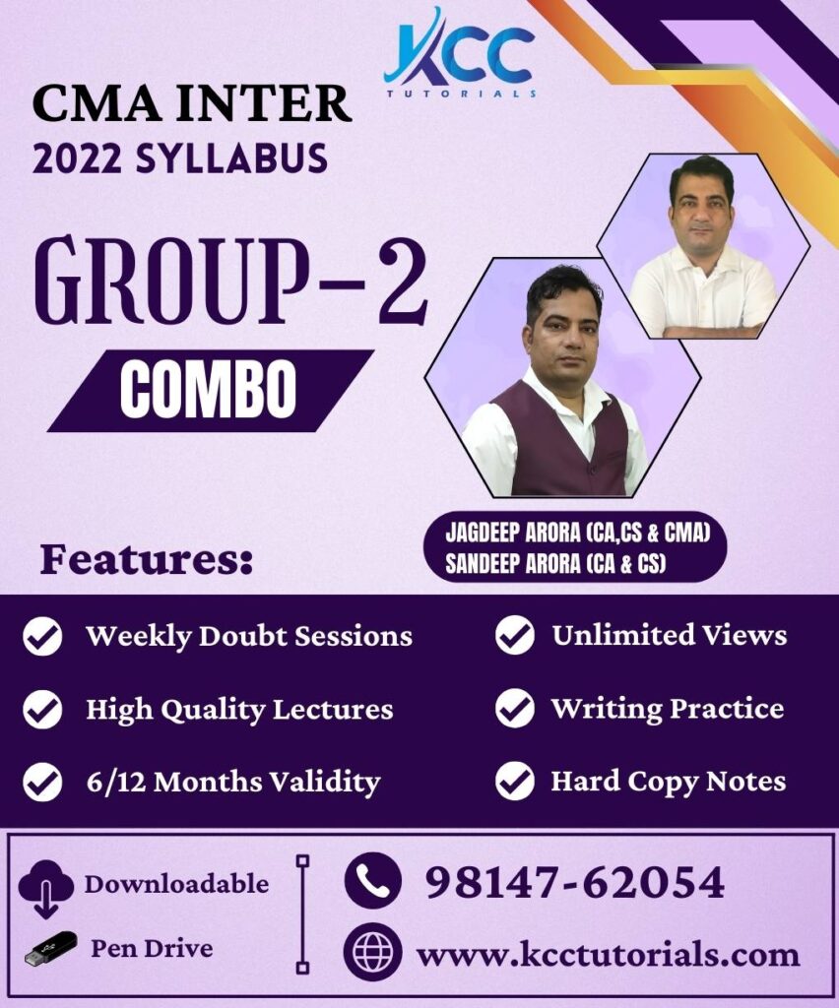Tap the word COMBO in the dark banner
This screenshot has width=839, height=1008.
(x=208, y=391)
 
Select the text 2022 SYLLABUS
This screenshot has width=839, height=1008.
(x=180, y=157)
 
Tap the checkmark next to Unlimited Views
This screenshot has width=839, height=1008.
(x=514, y=636)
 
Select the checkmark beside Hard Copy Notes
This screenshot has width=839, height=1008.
(x=514, y=782)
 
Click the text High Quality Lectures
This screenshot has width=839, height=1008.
(x=239, y=709)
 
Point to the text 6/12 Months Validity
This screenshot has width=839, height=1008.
(x=232, y=783)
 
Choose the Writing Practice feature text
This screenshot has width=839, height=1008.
(x=667, y=709)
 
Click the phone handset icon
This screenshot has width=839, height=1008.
(x=372, y=880)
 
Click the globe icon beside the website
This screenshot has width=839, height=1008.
(x=372, y=953)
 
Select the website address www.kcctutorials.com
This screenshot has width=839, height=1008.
(x=608, y=954)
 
